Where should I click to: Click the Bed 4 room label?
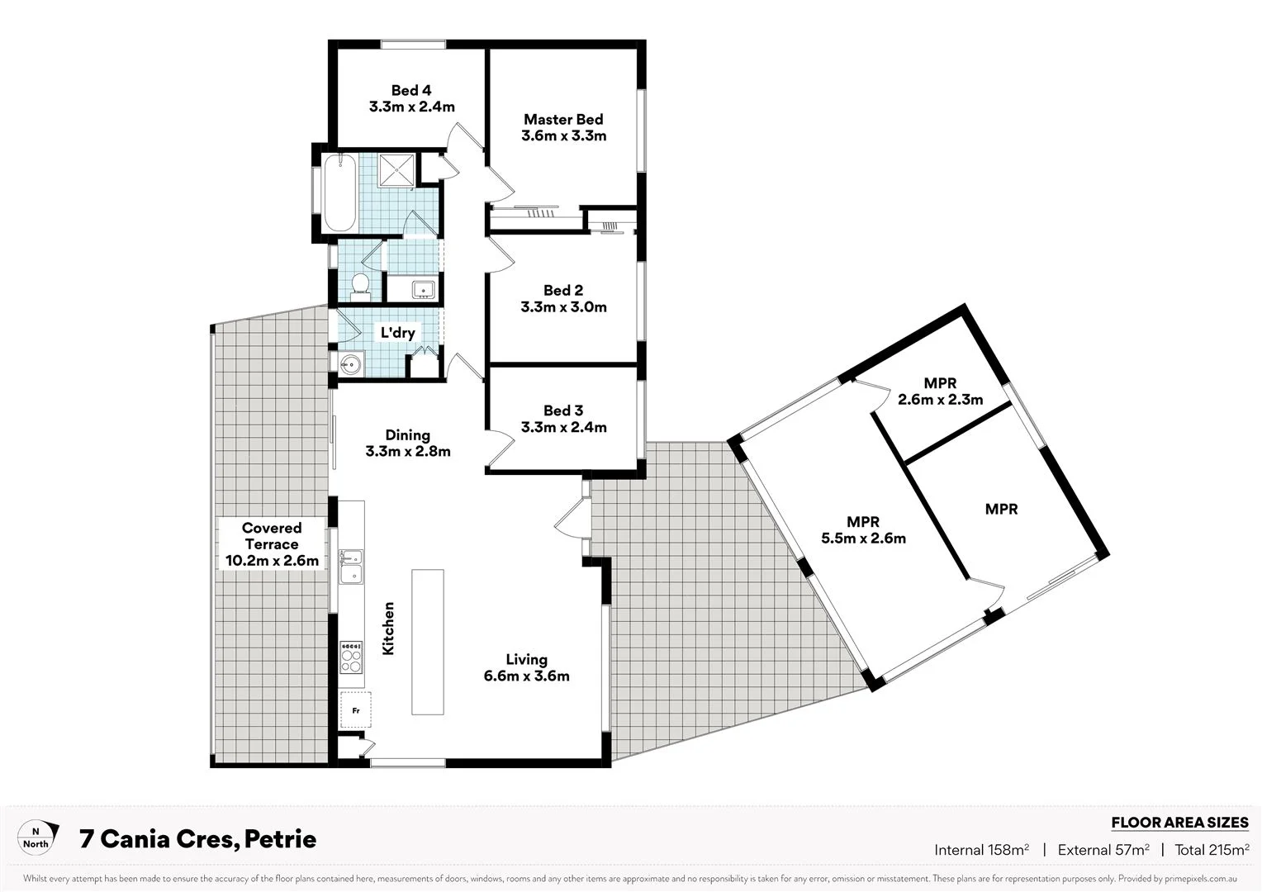click(x=411, y=91)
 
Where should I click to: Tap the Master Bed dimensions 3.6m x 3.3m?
click(x=564, y=136)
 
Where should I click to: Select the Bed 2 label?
click(x=563, y=290)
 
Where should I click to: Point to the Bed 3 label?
click(x=563, y=410)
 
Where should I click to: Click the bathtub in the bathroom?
click(x=339, y=193)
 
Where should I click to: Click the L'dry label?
click(x=397, y=333)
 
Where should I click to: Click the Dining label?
click(x=407, y=435)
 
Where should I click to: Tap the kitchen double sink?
click(x=352, y=566)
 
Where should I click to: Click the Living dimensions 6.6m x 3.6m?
click(x=527, y=676)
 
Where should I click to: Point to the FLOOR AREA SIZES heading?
click(x=1179, y=823)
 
